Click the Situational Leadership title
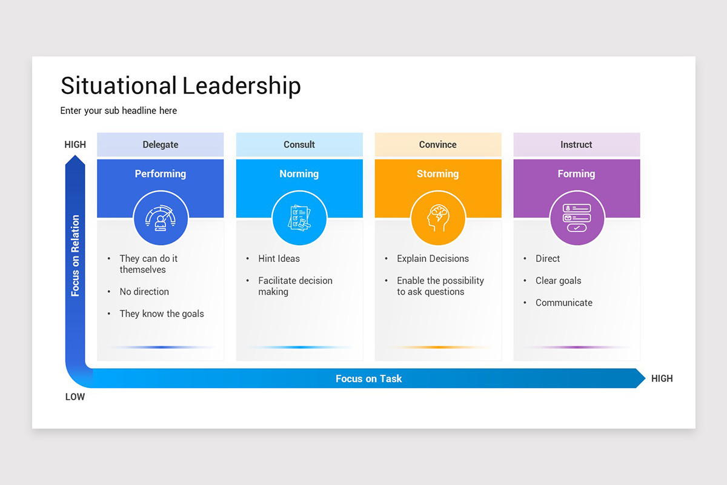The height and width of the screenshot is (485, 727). click(x=181, y=85)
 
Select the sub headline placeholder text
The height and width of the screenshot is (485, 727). click(x=119, y=110)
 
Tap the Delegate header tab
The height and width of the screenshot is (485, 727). click(x=161, y=144)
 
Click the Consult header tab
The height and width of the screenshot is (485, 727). click(x=299, y=144)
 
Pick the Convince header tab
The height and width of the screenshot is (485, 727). click(x=438, y=144)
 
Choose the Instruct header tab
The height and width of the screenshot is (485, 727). click(x=576, y=144)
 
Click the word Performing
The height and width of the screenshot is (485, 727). click(x=161, y=173)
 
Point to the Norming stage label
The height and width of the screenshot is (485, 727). click(x=299, y=173)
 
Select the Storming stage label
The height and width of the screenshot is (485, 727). click(x=438, y=173)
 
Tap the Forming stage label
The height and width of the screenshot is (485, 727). click(x=576, y=173)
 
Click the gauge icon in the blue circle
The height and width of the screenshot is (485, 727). click(x=161, y=218)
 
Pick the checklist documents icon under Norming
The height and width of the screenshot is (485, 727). click(x=299, y=218)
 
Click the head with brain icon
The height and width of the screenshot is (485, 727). click(x=438, y=218)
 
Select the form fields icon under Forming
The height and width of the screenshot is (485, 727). click(x=577, y=218)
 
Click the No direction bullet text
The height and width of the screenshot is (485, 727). click(x=144, y=292)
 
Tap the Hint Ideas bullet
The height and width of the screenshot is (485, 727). click(x=279, y=258)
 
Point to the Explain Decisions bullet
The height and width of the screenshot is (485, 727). click(x=433, y=258)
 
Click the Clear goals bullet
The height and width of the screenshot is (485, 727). click(x=558, y=281)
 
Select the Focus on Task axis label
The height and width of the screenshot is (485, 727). click(x=368, y=378)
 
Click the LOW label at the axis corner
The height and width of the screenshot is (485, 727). click(x=75, y=397)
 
